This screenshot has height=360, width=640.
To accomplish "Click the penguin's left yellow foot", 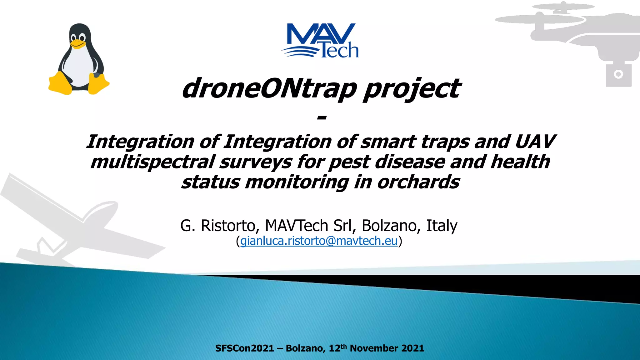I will pos(60,83).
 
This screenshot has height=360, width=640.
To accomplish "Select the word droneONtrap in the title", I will pos(269,88).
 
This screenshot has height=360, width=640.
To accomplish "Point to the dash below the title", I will pos(322,118).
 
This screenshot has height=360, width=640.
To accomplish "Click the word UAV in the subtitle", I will pos(535,142).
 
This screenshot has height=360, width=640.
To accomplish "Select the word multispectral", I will pos(152,162).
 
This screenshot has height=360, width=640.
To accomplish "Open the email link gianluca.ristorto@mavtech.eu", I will pos(319,241).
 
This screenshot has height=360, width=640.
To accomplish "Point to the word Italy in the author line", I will pos(442,226).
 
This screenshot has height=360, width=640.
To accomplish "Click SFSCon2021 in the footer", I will pos(244,348).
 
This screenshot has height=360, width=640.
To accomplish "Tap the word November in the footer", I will pos(374,348).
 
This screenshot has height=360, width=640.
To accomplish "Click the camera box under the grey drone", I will pos(618,75).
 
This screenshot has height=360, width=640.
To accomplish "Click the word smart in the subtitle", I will pos(388,142).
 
